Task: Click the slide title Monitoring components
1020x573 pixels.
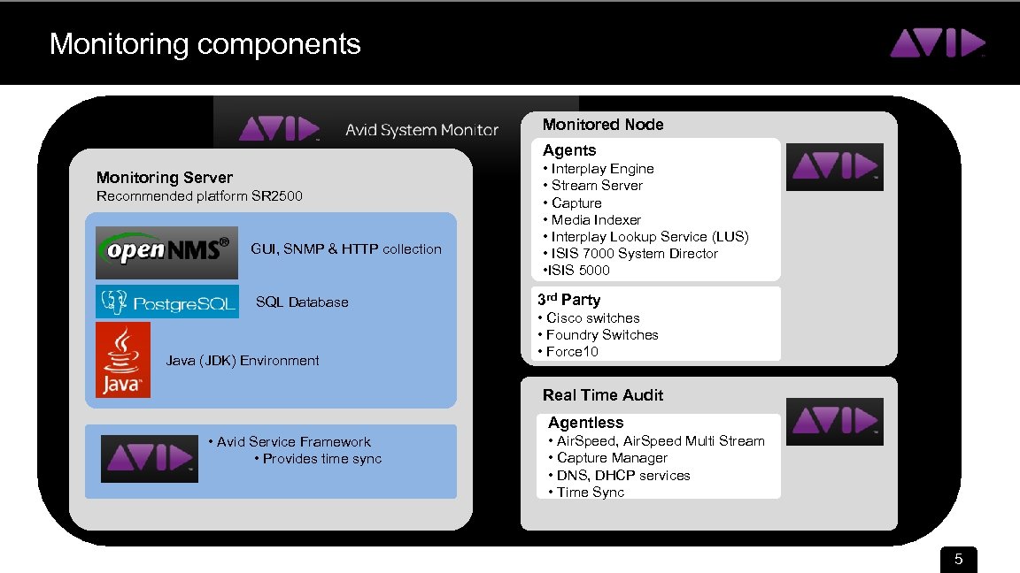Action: tap(205, 44)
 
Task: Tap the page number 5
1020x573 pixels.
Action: tap(957, 560)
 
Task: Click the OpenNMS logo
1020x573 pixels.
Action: tap(166, 250)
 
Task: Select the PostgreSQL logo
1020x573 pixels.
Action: tap(166, 302)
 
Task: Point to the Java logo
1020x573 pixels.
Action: tap(123, 360)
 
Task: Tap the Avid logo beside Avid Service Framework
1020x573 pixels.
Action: tap(149, 458)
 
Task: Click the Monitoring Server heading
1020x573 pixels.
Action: tap(165, 178)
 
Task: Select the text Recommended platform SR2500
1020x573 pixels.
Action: tap(199, 196)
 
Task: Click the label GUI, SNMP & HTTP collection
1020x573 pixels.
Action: tap(346, 249)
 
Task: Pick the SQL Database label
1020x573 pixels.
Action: tap(302, 302)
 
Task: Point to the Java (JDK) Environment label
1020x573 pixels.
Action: tap(243, 361)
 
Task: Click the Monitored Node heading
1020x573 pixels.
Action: tap(603, 125)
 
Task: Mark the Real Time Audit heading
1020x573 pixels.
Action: tap(603, 395)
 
